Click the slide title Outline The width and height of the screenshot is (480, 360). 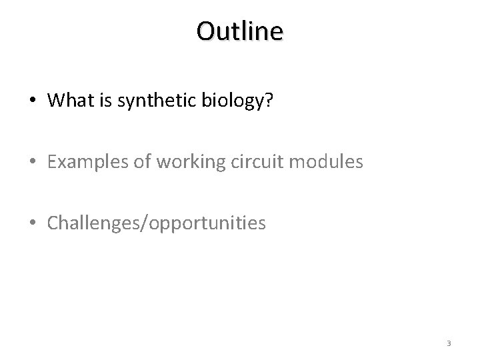240,31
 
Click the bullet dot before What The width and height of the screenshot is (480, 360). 33,101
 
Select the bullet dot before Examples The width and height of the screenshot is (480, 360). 33,162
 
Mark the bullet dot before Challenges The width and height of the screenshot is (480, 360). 33,223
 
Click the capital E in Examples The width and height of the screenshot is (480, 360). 52,161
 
